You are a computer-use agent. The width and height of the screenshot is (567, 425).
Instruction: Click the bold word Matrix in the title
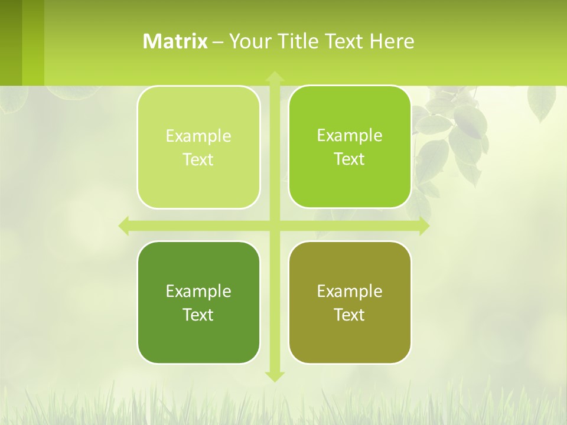[175, 41]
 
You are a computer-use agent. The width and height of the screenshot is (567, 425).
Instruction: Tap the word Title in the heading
[298, 41]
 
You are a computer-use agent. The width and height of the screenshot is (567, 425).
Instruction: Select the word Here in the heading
[392, 41]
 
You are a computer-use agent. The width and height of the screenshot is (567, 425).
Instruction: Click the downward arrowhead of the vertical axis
[274, 376]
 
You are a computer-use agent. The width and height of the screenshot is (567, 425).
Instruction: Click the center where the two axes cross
[274, 225]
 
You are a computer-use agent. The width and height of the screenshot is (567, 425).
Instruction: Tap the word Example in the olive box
[350, 291]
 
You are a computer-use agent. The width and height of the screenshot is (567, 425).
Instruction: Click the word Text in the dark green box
[198, 315]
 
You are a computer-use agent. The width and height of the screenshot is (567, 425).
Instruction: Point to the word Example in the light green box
[198, 136]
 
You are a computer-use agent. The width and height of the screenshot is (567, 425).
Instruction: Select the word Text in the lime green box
[350, 159]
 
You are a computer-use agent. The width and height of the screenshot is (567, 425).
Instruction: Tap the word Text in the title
[345, 41]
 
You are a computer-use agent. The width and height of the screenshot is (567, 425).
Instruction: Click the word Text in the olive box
[350, 315]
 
